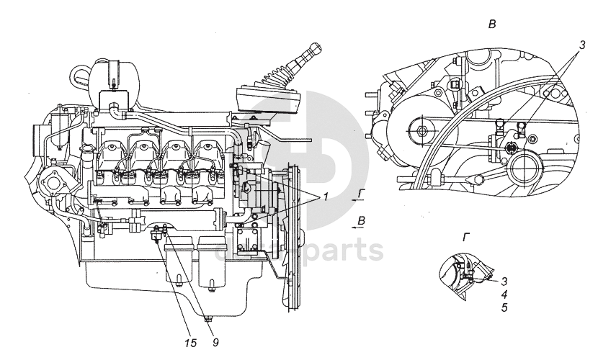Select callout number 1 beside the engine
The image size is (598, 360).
point(327,197)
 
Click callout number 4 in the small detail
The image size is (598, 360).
point(504,294)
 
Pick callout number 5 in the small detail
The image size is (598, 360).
point(504,307)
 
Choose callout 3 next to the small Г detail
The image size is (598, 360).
point(504,282)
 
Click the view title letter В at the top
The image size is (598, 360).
point(492,24)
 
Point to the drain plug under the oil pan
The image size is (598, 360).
point(207,316)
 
